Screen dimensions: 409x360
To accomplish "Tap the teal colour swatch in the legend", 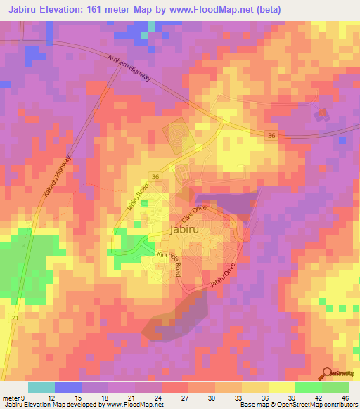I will [x=41, y=387].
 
